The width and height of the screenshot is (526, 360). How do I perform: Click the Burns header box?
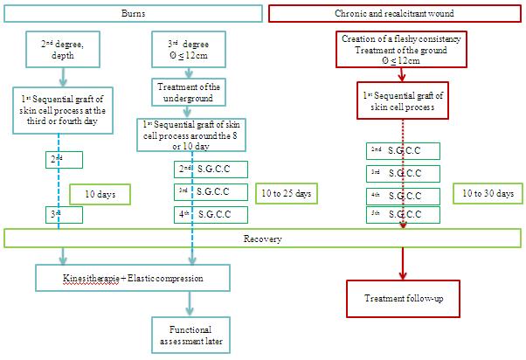[x=133, y=13]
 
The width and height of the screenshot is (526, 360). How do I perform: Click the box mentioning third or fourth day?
[x=59, y=111]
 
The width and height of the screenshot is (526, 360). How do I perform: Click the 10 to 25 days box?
[x=287, y=192]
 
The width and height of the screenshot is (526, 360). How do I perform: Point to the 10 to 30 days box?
[x=485, y=192]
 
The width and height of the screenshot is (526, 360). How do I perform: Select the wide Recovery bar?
[x=262, y=238]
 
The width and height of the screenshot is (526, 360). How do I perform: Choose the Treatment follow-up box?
[x=404, y=298]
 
